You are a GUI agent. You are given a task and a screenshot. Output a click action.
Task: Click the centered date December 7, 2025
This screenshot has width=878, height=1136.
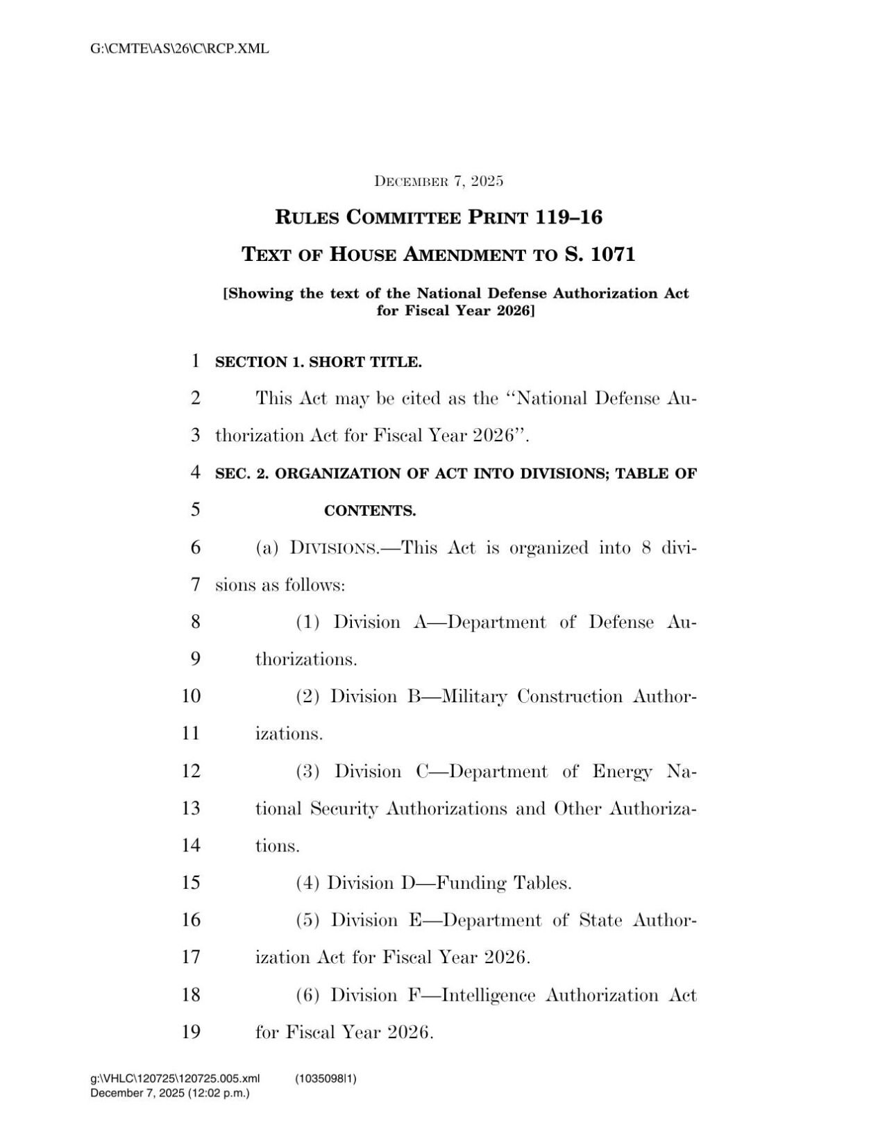(x=439, y=182)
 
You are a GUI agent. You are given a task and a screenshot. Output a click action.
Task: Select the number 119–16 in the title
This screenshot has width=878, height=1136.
(x=568, y=217)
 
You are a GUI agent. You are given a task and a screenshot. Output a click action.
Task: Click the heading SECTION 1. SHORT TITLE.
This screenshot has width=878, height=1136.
(x=319, y=362)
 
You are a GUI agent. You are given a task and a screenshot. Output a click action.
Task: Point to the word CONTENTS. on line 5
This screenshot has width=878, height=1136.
(x=370, y=511)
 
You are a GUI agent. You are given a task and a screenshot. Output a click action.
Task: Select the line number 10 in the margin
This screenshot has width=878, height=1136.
(x=191, y=696)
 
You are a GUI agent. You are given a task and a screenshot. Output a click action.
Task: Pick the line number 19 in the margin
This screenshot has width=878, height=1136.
(x=191, y=1032)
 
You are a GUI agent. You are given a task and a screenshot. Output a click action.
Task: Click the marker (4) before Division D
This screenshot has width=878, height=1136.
(x=307, y=883)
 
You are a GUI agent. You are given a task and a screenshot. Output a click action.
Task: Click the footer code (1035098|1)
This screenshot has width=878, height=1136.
(x=326, y=1078)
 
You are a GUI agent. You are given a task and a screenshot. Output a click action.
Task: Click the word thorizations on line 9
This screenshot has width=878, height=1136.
(x=306, y=659)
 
